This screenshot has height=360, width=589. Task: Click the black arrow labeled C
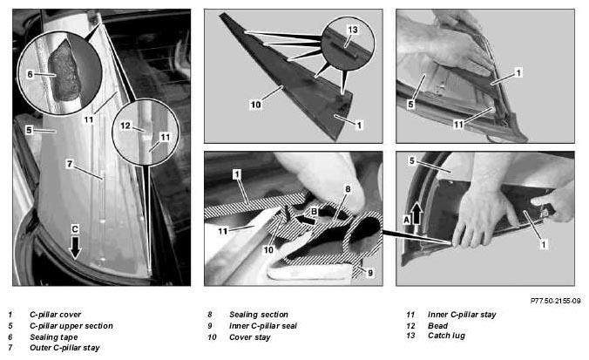(x=76, y=247)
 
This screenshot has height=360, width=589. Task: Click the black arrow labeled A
(x=416, y=213)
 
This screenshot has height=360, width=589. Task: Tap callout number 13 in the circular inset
(x=352, y=30)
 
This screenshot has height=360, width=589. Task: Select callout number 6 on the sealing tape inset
(x=30, y=74)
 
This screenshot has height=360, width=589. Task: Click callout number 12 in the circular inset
(x=125, y=126)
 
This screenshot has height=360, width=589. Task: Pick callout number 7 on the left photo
(x=70, y=164)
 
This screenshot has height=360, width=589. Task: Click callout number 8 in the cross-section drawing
(x=348, y=189)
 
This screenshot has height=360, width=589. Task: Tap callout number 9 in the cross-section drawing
(x=370, y=273)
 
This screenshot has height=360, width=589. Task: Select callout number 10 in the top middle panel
(x=255, y=105)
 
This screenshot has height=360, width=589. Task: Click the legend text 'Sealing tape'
(x=54, y=337)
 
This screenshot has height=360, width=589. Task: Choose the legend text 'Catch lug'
(x=446, y=336)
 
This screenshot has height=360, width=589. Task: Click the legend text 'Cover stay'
(x=250, y=337)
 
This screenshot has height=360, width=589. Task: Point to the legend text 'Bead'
(x=437, y=325)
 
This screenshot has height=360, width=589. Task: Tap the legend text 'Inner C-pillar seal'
(x=263, y=326)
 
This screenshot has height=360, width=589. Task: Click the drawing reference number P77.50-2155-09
(x=555, y=301)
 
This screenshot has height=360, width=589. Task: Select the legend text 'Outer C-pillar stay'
(x=64, y=348)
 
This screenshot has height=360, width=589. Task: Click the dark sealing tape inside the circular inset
(x=64, y=71)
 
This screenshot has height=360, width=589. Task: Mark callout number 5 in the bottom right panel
(x=412, y=161)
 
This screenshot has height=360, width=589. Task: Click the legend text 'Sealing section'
(x=259, y=314)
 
